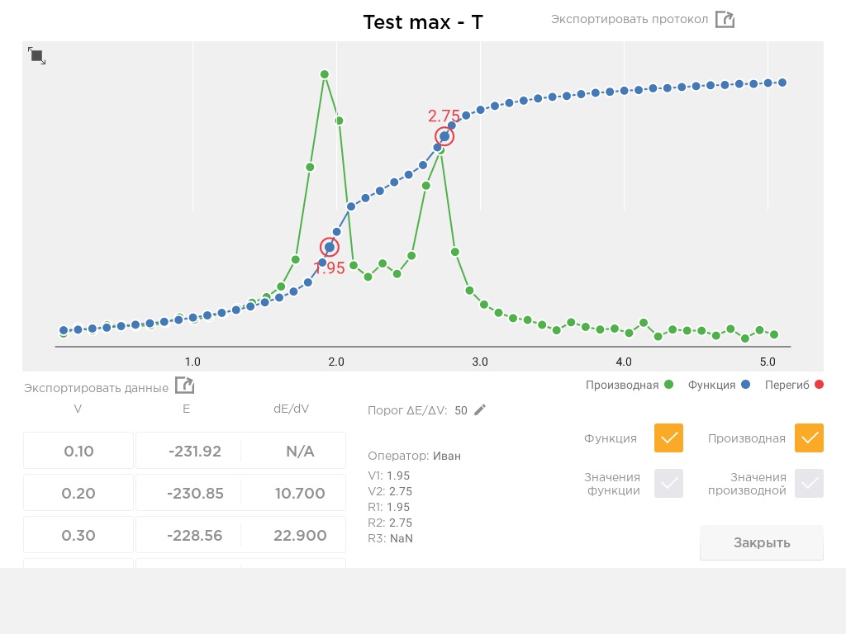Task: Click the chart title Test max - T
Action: coord(423,22)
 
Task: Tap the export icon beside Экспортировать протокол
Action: coord(725,20)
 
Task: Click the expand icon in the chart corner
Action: coord(36,55)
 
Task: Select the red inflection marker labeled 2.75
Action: coord(444,136)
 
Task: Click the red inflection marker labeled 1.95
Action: coord(329,248)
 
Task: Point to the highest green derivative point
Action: coord(324,74)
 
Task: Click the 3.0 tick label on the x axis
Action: coord(480,362)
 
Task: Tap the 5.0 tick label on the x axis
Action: coord(768,362)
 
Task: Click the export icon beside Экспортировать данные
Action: coord(184,386)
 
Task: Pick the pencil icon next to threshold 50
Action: coord(480,409)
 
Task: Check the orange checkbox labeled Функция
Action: coord(668,438)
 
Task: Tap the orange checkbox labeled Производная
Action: coord(809,438)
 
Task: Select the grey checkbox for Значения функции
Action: coord(668,483)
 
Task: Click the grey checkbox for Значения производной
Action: coord(809,483)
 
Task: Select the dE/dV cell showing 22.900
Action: coord(300,535)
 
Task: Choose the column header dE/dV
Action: coord(292,409)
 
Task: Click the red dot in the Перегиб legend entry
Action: coord(819,385)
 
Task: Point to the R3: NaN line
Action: coord(390,538)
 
